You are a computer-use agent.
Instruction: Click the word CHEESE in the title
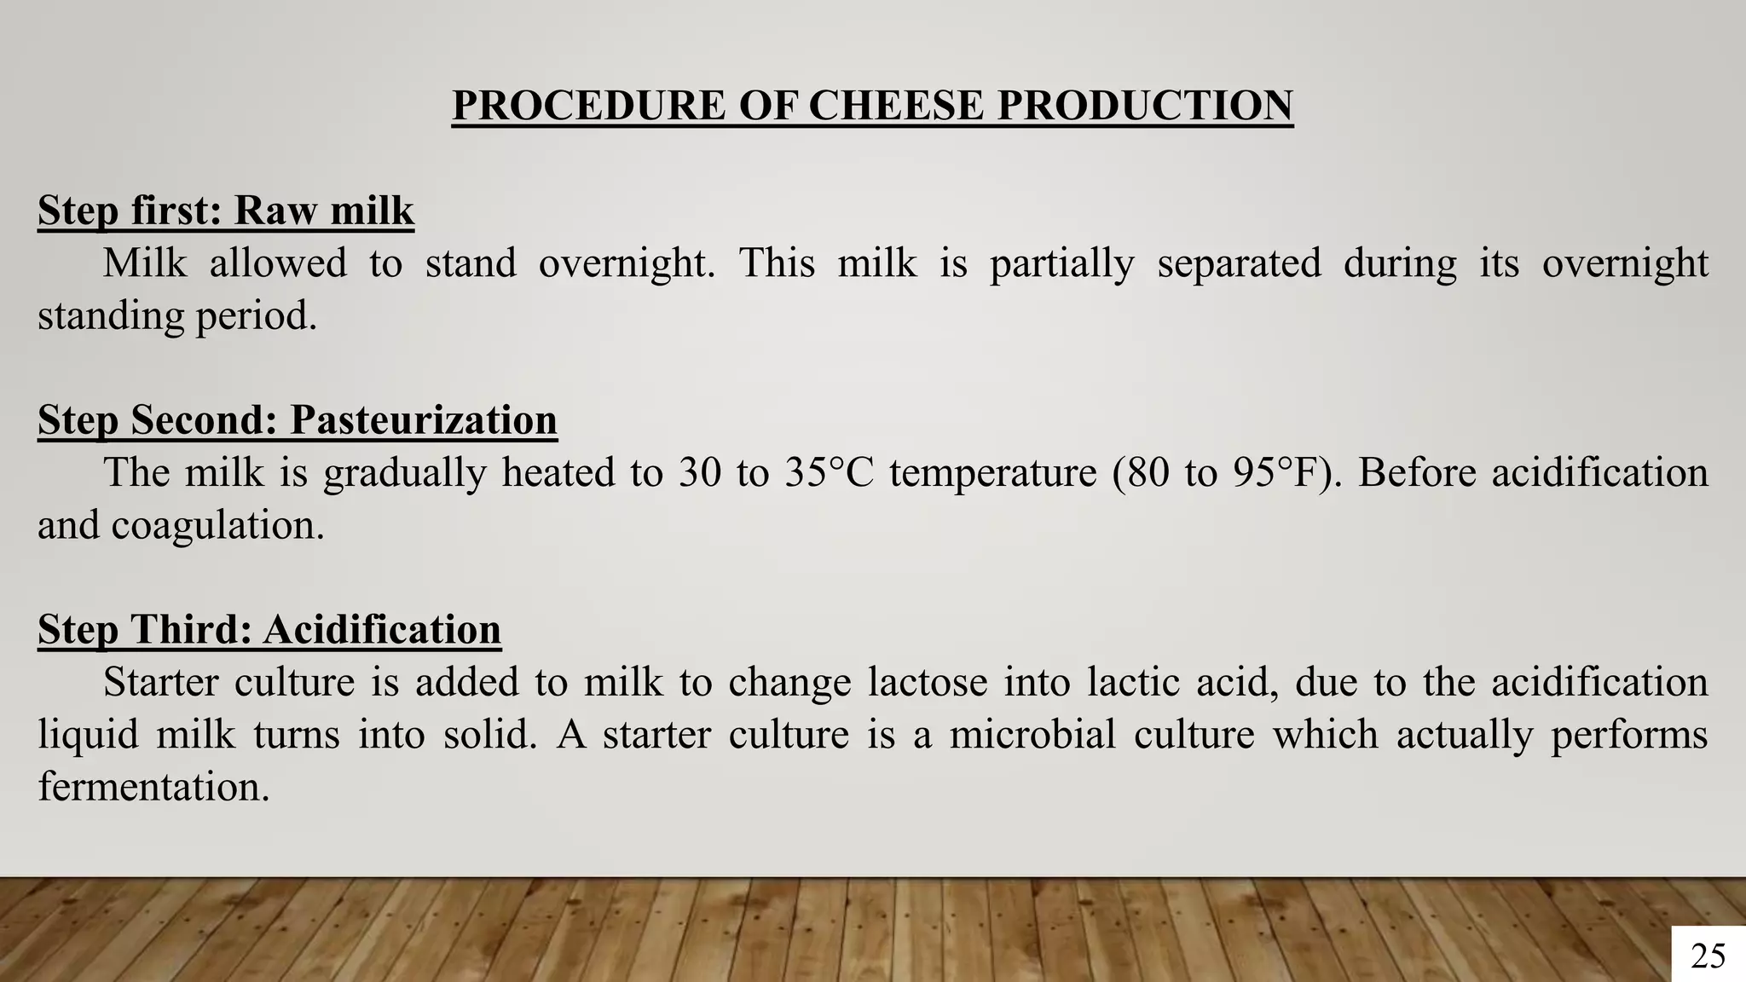pyautogui.click(x=896, y=106)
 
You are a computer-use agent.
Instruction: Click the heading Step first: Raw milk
pyautogui.click(x=226, y=211)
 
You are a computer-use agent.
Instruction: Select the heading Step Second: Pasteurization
pyautogui.click(x=298, y=420)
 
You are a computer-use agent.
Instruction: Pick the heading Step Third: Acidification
pyautogui.click(x=269, y=630)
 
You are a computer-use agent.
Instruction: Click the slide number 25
pyautogui.click(x=1708, y=956)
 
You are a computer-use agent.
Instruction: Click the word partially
pyautogui.click(x=1061, y=263)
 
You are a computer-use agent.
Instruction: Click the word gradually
pyautogui.click(x=404, y=473)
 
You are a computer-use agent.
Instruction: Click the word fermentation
pyautogui.click(x=153, y=787)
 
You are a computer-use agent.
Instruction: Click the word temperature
pyautogui.click(x=992, y=473)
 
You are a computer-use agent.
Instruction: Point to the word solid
pyautogui.click(x=489, y=735)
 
